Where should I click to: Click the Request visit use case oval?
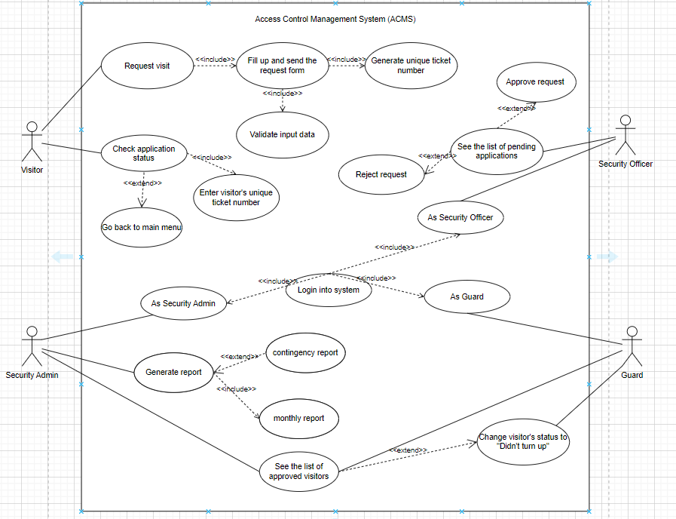pyautogui.click(x=147, y=66)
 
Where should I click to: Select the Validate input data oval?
pyautogui.click(x=283, y=135)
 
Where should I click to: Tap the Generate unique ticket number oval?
pyautogui.click(x=411, y=66)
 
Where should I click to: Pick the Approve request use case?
pyautogui.click(x=536, y=82)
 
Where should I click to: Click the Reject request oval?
pyautogui.click(x=381, y=174)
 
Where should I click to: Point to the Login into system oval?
pyautogui.click(x=329, y=290)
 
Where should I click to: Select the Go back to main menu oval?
pyautogui.click(x=142, y=227)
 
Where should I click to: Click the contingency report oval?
pyautogui.click(x=305, y=352)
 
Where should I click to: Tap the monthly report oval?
pyautogui.click(x=298, y=419)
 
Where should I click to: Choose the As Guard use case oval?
pyautogui.click(x=466, y=296)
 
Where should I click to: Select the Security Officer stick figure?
pyautogui.click(x=625, y=136)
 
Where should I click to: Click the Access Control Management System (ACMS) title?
pyautogui.click(x=335, y=20)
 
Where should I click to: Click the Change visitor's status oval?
pyautogui.click(x=523, y=442)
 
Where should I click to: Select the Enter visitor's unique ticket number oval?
pyautogui.click(x=236, y=198)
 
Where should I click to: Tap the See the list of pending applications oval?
pyautogui.click(x=497, y=151)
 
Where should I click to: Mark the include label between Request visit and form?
pyautogui.click(x=215, y=60)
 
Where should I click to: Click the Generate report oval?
pyautogui.click(x=173, y=372)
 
